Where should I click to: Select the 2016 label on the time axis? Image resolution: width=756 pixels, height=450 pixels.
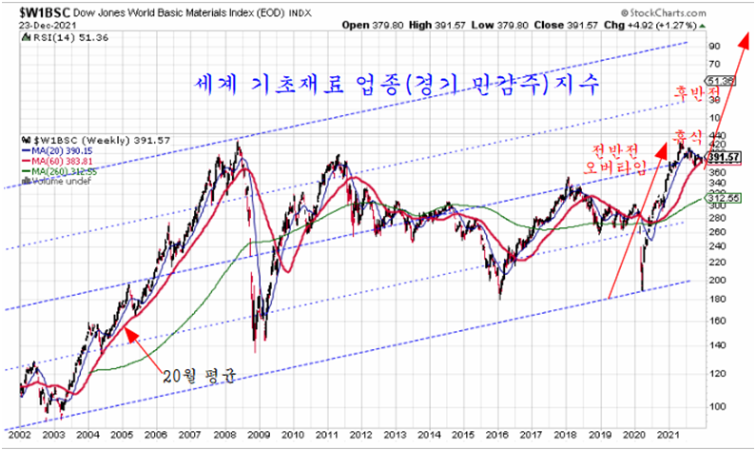[x=502, y=433]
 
